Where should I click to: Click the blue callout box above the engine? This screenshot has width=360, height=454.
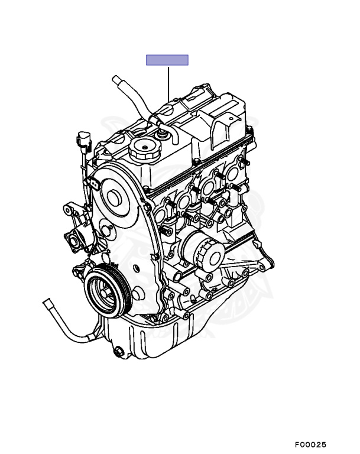pos(167,60)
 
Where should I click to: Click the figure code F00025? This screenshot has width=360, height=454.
pos(310,444)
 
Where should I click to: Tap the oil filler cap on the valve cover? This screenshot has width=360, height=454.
pos(144,148)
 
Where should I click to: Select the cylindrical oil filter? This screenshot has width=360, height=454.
pos(202,251)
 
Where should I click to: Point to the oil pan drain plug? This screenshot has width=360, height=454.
pos(119,352)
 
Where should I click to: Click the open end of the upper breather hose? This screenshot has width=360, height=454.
pos(115,79)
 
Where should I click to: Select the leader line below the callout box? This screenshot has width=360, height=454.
pos(168,83)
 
